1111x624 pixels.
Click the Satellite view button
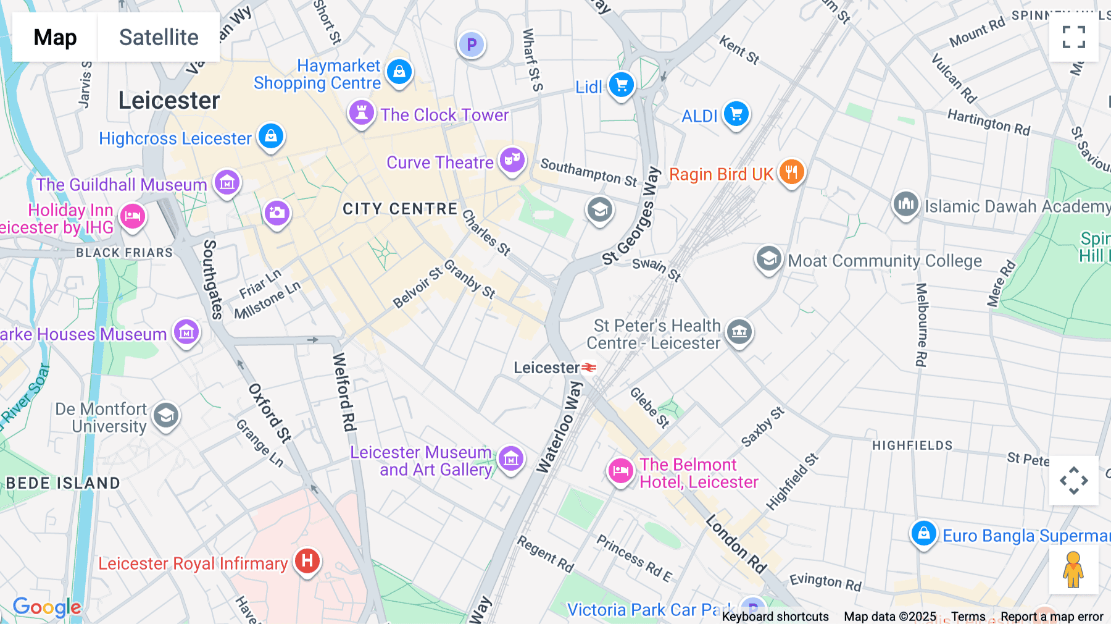pyautogui.click(x=159, y=37)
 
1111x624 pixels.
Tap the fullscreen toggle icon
pyautogui.click(x=1073, y=37)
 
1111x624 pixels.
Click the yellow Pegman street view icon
pyautogui.click(x=1073, y=570)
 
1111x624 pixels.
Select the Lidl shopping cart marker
pyautogui.click(x=621, y=85)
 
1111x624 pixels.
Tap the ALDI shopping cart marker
pyautogui.click(x=736, y=114)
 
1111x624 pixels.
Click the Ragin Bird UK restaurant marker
pyautogui.click(x=791, y=172)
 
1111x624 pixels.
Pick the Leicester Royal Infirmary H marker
pyautogui.click(x=307, y=561)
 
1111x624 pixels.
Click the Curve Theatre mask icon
pyautogui.click(x=512, y=160)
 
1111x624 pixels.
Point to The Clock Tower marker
pyautogui.click(x=362, y=113)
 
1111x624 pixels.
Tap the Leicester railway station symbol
pyautogui.click(x=589, y=368)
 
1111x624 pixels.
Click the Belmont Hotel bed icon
pyautogui.click(x=620, y=471)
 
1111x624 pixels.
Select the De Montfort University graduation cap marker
pyautogui.click(x=166, y=416)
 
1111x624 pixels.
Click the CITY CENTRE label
pyautogui.click(x=400, y=209)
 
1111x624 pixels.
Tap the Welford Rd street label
pyautogui.click(x=344, y=392)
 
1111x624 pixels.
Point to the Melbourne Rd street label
pyautogui.click(x=921, y=325)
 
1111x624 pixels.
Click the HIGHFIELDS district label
pyautogui.click(x=912, y=445)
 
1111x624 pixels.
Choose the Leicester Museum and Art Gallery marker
pyautogui.click(x=511, y=459)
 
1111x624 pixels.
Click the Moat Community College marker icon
pyautogui.click(x=768, y=259)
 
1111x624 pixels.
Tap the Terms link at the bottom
pyautogui.click(x=968, y=617)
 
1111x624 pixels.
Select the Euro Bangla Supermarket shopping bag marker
pyautogui.click(x=923, y=533)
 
